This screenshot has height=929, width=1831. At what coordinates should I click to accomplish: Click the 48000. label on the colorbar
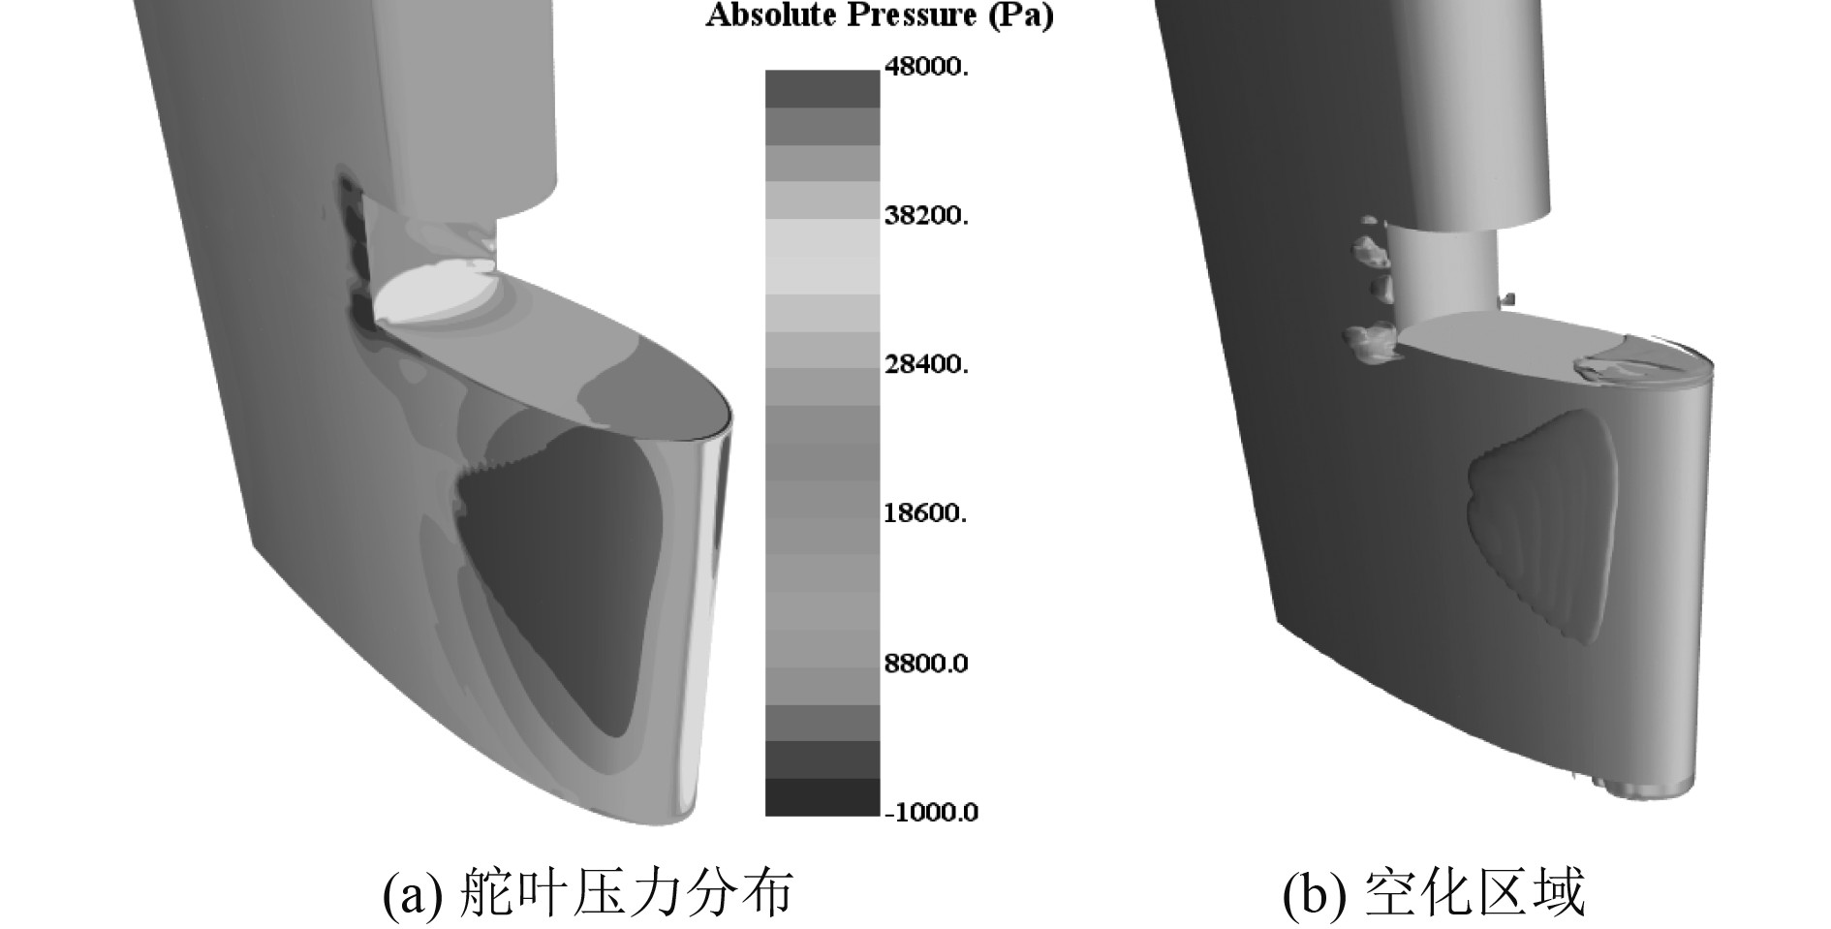[x=925, y=67]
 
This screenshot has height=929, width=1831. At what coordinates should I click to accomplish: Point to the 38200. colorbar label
[x=925, y=215]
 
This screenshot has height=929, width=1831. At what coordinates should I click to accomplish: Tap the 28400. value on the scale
[x=925, y=364]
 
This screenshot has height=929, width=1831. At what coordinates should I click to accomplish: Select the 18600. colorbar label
[x=925, y=512]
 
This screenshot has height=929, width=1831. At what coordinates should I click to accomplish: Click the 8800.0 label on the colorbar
[x=925, y=664]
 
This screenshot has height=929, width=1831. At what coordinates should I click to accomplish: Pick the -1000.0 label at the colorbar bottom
[x=931, y=812]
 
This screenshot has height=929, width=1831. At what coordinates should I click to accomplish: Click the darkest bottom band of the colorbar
[x=822, y=797]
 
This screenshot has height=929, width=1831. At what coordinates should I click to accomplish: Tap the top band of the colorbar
[x=822, y=88]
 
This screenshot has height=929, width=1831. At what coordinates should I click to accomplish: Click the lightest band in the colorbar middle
[x=822, y=257]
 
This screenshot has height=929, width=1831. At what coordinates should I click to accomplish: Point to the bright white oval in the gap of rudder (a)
[x=436, y=295]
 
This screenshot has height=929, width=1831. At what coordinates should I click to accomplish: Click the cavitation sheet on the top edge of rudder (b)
[x=1628, y=363]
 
